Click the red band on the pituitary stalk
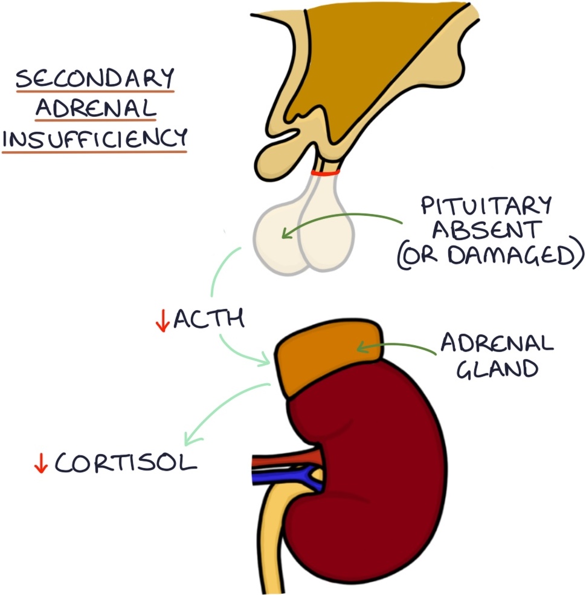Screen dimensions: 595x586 [x=325, y=173]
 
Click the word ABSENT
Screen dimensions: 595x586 [x=487, y=232]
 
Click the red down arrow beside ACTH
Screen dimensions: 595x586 [x=162, y=322]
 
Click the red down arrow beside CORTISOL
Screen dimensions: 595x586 [x=41, y=464]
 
